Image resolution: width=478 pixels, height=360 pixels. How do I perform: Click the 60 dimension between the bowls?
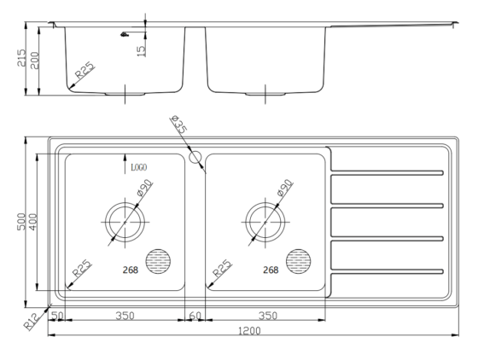[x=195, y=316]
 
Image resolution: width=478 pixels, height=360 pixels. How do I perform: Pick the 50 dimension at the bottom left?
[x=58, y=316]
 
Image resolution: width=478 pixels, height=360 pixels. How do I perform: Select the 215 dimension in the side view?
[x=23, y=59]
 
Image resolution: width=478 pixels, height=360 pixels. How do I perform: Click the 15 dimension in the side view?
[x=141, y=49]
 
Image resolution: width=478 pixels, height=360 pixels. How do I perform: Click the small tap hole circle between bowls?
[x=195, y=157]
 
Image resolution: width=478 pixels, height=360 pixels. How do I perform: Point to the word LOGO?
[x=139, y=167]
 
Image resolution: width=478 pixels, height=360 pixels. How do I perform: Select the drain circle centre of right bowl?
[x=265, y=220]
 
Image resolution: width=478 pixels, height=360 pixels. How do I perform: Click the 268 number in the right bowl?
[x=271, y=270]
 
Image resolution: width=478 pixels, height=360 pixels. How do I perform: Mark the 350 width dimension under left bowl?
[x=125, y=316]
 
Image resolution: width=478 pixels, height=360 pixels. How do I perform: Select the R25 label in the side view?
[x=85, y=72]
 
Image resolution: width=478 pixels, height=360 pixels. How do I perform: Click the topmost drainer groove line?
[x=388, y=172]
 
